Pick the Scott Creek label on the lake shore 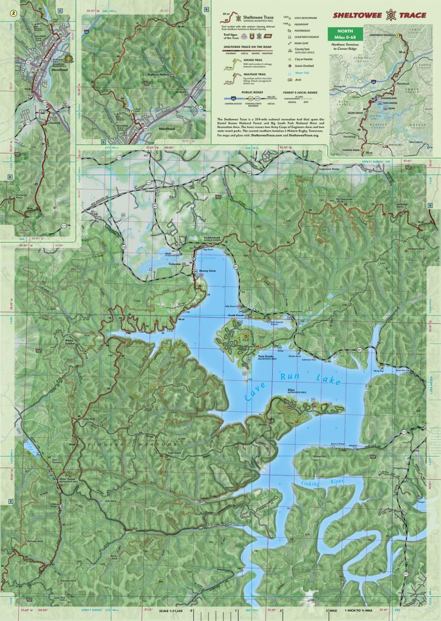[x=236, y=315]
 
